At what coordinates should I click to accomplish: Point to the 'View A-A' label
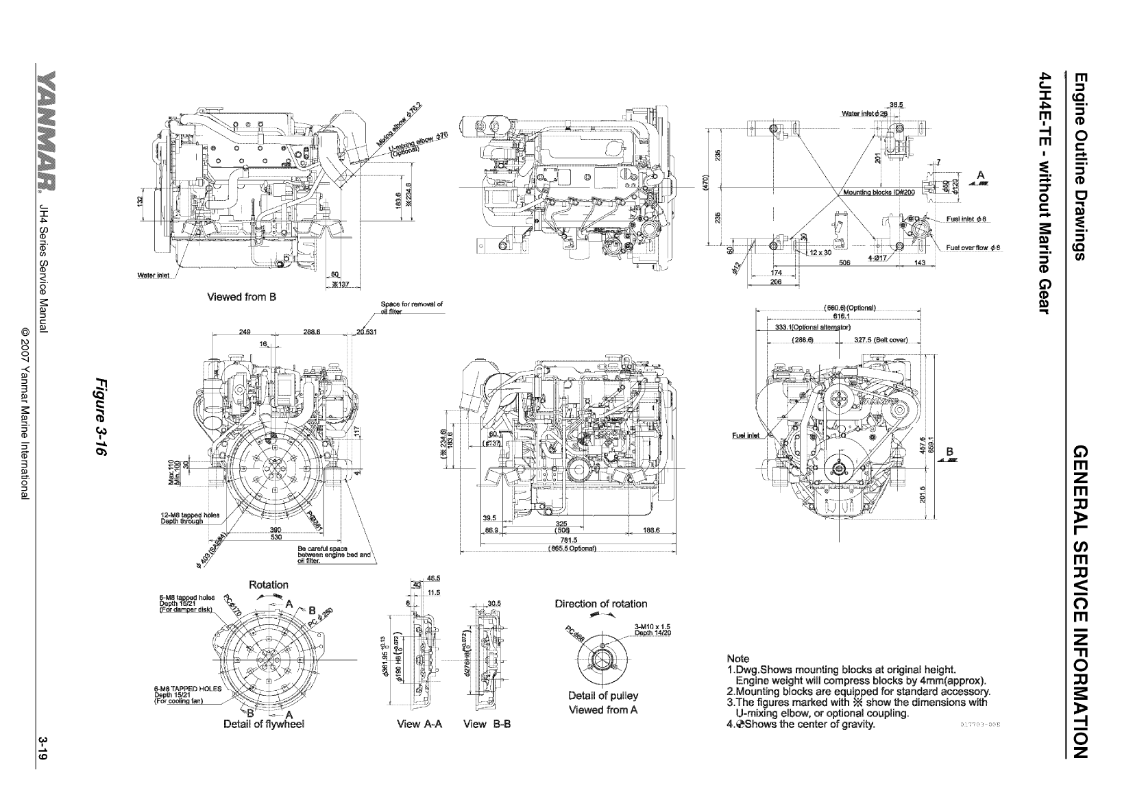(x=417, y=724)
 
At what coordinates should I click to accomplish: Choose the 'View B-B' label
(x=487, y=724)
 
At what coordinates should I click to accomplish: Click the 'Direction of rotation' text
(x=601, y=604)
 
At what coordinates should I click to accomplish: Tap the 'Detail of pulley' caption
(x=603, y=696)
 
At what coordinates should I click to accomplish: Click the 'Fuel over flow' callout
(x=974, y=248)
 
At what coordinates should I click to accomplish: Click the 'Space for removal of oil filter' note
(x=411, y=307)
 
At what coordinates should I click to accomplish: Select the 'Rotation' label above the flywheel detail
(x=268, y=585)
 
